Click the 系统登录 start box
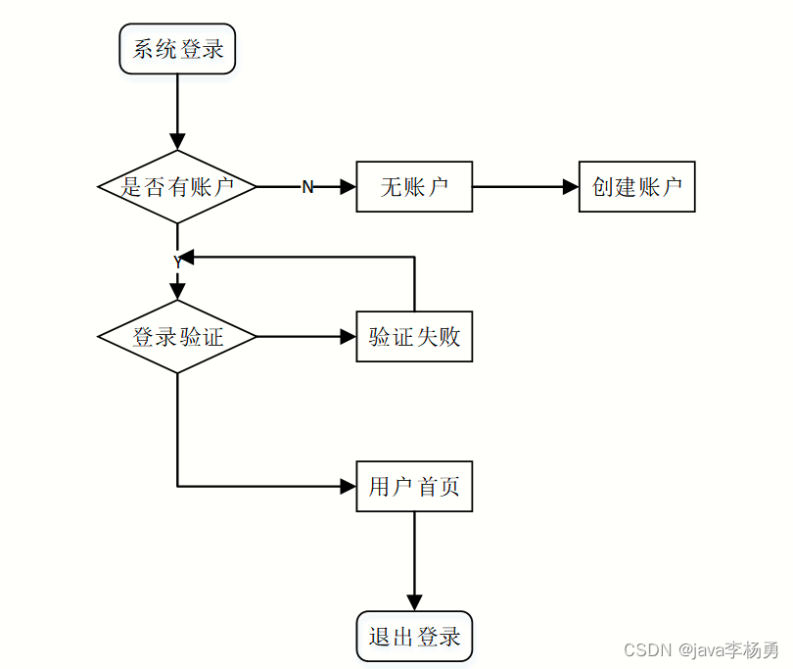point(177,49)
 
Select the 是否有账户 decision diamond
point(177,187)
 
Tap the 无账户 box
point(414,187)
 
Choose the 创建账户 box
point(636,187)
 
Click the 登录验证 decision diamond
point(177,337)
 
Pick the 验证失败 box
point(414,337)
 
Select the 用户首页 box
point(414,486)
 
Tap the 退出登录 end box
point(414,636)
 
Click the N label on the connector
point(307,187)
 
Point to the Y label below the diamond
point(177,263)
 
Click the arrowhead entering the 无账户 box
point(349,187)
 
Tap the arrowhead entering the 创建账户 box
point(571,187)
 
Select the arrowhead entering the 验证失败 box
point(349,337)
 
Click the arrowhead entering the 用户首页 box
point(349,486)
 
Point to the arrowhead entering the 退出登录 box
point(414,603)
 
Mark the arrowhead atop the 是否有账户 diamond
point(177,142)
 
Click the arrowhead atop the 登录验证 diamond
point(177,292)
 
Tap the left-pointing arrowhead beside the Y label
point(186,257)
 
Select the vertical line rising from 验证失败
point(415,284)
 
